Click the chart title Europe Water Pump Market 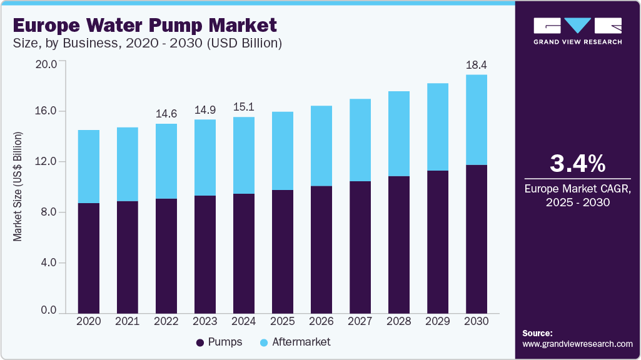click(144, 26)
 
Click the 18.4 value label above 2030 click(477, 64)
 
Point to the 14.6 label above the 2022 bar click(166, 114)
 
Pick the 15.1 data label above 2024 click(244, 107)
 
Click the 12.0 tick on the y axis click(48, 162)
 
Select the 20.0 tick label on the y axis click(48, 64)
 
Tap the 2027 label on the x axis click(360, 321)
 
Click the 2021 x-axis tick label click(128, 321)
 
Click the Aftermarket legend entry click(295, 342)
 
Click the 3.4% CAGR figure click(577, 163)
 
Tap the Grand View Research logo click(577, 30)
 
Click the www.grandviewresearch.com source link click(577, 344)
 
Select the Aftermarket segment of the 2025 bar click(283, 151)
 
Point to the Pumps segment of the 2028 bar click(399, 244)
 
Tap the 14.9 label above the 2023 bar click(205, 109)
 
